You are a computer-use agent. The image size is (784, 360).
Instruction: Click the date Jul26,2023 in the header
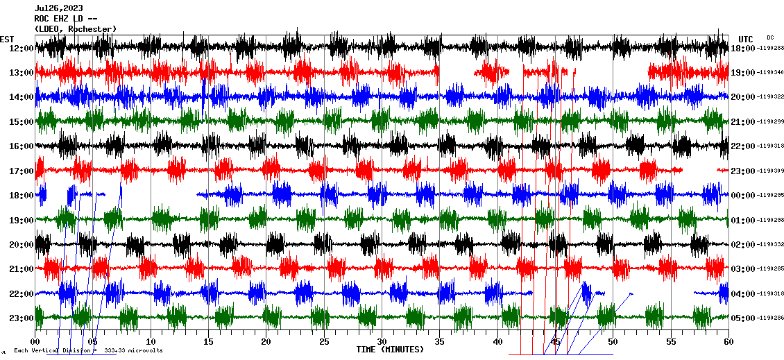coord(58,8)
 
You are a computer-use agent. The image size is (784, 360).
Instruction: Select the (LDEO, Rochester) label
coord(75,28)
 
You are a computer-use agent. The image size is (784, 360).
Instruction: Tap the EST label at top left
coord(7,39)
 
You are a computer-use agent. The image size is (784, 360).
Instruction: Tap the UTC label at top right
coord(746,39)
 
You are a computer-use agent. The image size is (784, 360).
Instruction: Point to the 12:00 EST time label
coord(22,48)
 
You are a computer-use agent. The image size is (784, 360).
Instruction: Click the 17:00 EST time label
coord(22,171)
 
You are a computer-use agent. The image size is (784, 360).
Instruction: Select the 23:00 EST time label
coord(22,318)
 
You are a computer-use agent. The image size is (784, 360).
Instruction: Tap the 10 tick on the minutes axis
coord(151,342)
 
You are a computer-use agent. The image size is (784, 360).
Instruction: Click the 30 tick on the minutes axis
coord(382,342)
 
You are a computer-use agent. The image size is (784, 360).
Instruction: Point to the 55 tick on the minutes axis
coord(670,342)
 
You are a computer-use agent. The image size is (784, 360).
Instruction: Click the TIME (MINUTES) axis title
coord(390,350)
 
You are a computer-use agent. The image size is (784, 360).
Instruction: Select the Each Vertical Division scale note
coord(88,350)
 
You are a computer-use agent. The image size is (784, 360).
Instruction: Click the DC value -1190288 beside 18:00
coord(770,48)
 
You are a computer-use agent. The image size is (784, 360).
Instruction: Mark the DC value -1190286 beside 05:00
coord(770,318)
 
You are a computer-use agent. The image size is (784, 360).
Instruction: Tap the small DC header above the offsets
coord(770,37)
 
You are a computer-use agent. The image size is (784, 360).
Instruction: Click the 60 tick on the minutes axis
coord(728,342)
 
